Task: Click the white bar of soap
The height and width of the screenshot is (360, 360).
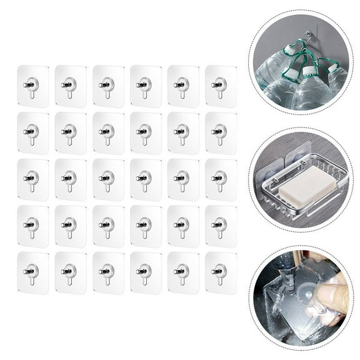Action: [304, 189]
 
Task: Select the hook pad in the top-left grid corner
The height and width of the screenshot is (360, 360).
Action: [32, 86]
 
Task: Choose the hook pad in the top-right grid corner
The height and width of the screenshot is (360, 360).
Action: [221, 86]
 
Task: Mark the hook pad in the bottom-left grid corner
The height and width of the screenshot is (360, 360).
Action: [32, 273]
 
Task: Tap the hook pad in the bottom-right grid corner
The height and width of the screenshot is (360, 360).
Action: [221, 273]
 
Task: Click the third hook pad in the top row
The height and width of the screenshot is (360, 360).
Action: [108, 86]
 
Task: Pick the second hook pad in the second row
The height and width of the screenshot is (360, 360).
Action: [70, 132]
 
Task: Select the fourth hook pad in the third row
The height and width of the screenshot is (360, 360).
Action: [146, 179]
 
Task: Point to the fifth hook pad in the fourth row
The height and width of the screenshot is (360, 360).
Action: [183, 226]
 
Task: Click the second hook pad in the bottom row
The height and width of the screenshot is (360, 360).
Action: [70, 273]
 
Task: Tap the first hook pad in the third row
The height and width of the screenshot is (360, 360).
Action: [32, 179]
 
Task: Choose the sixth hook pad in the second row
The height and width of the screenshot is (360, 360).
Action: [221, 132]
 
